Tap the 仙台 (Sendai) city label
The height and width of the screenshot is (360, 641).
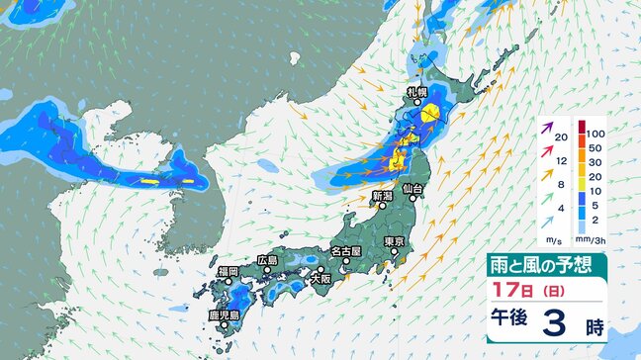pos(413,187)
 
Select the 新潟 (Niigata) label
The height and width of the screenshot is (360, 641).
pos(382,197)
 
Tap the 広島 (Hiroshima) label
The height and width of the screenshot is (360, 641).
pos(267,260)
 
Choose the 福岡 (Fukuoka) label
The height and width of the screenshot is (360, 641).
pos(228,270)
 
